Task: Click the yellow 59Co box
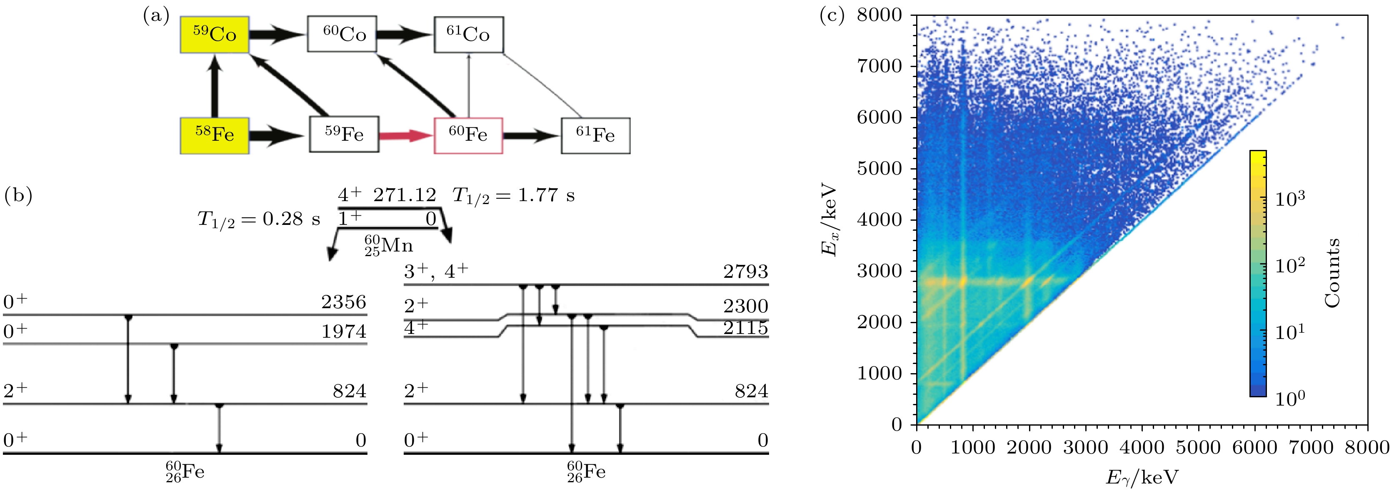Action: (x=215, y=35)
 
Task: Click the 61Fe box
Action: (x=595, y=135)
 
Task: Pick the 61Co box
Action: (x=468, y=35)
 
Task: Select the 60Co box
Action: (x=342, y=34)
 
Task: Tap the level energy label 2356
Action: (x=344, y=302)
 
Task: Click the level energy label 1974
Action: (x=344, y=331)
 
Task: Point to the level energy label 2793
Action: (x=746, y=272)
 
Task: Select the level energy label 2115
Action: (x=746, y=328)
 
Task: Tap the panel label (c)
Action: (x=832, y=16)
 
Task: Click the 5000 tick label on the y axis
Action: (x=879, y=168)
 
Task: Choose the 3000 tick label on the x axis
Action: (x=1086, y=447)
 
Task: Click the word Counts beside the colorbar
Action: (x=1332, y=273)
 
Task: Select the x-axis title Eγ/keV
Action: (x=1142, y=478)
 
